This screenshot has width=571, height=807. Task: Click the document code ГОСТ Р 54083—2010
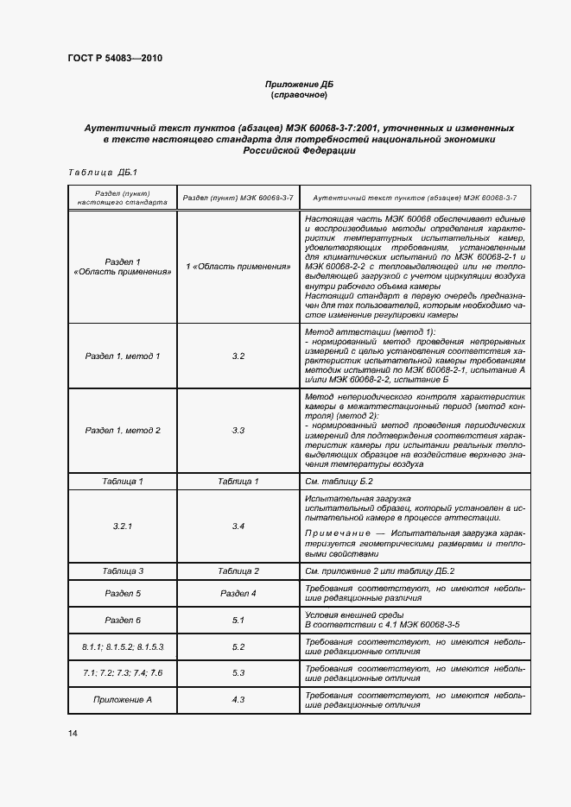point(115,59)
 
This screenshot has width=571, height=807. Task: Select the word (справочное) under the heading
point(298,95)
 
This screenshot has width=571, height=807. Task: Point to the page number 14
point(73,734)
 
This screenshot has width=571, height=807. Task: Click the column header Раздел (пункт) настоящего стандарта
point(122,198)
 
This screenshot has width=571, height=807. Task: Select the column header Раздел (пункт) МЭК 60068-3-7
point(238,198)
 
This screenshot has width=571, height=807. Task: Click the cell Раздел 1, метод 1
point(122,356)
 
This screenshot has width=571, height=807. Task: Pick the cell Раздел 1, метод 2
point(122,430)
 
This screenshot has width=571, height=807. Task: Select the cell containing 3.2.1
point(122,525)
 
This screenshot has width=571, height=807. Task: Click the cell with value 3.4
point(238,525)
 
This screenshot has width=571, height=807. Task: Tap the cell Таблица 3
point(122,571)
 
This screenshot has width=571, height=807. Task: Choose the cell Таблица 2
point(238,571)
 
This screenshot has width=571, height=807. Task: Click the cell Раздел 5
point(122,593)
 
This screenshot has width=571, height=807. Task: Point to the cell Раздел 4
point(238,593)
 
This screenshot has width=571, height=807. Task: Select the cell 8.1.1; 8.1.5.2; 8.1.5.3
point(122,646)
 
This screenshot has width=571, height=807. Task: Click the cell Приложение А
point(122,699)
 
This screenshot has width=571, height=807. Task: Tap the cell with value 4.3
point(238,699)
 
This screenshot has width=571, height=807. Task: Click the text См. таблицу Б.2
point(339,480)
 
